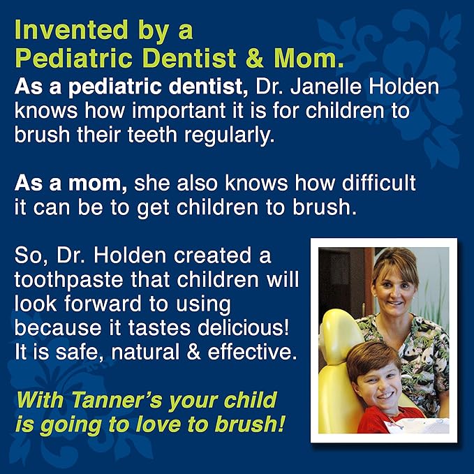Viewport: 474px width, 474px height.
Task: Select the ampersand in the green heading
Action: [255, 58]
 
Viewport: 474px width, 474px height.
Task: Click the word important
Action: [178, 112]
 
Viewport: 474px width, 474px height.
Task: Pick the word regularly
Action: [230, 135]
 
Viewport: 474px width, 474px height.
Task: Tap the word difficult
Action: [379, 183]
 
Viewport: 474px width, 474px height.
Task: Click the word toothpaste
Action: [68, 280]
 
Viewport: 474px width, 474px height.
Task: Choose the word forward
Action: [103, 304]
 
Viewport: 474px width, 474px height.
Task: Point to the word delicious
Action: [244, 327]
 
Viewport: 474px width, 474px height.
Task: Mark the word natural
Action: [145, 352]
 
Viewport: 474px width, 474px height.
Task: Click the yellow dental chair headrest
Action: [340, 336]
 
